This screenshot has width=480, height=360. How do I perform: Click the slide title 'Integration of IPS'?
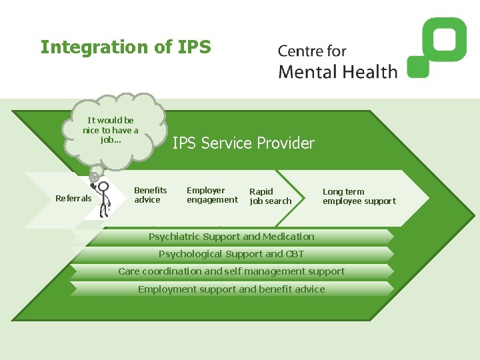[125, 47]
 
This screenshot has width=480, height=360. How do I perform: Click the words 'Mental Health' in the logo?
[337, 71]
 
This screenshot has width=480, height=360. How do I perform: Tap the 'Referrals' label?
[73, 198]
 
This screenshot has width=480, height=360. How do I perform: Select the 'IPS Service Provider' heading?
[243, 143]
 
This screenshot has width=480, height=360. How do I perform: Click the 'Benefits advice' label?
[151, 195]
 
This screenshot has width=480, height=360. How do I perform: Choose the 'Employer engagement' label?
[212, 195]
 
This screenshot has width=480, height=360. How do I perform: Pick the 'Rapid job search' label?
[270, 196]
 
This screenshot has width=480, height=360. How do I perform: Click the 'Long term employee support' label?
[359, 196]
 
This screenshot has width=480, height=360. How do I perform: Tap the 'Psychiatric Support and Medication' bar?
[231, 237]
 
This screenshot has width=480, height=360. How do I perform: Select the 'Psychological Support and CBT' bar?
[231, 254]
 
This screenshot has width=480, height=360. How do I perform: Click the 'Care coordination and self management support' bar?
[231, 271]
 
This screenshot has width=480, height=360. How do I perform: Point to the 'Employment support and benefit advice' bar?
[231, 289]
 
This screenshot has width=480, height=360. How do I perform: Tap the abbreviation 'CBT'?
[295, 254]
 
